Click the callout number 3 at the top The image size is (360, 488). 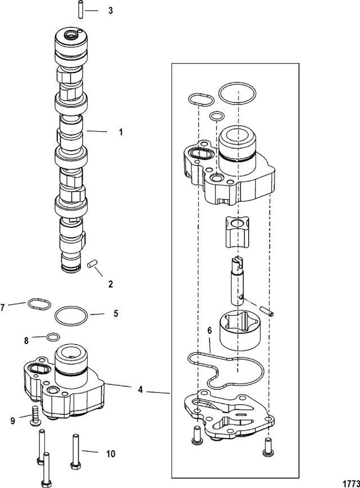coord(111,11)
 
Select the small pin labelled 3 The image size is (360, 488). coord(80,10)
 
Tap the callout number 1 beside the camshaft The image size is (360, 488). coord(121,132)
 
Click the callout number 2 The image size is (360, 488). coord(111,284)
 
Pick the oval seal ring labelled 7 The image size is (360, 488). coord(39,304)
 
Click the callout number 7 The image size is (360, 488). coord(3,308)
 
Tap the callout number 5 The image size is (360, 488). coord(116,313)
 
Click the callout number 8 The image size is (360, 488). coord(26,341)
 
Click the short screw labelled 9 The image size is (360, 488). coord(35,416)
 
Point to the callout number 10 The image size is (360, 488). coord(111,454)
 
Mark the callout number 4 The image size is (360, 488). coord(141,390)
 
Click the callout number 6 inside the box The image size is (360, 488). coord(210,331)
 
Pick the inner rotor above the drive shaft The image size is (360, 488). coord(237,232)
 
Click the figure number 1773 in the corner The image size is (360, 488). coord(351,484)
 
